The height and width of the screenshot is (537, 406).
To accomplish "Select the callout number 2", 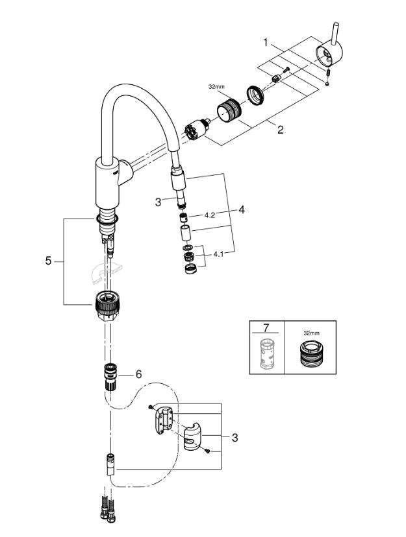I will (280, 129).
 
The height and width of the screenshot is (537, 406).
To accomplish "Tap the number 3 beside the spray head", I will (158, 202).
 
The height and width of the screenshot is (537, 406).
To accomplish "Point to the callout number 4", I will (241, 210).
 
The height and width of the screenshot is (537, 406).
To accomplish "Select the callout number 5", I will (47, 261).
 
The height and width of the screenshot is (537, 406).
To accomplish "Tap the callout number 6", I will (138, 374).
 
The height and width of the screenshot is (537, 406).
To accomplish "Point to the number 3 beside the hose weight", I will (234, 438).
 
